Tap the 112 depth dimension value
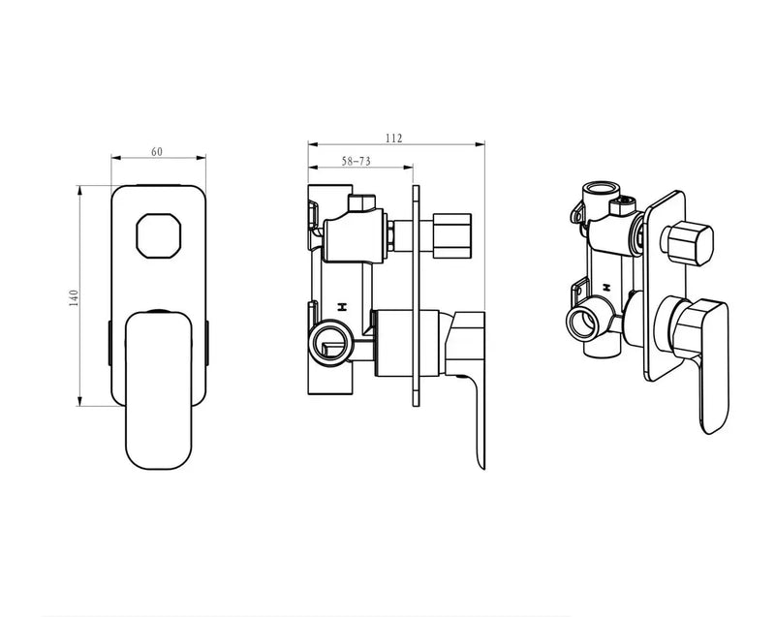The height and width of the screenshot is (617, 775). tap(393, 138)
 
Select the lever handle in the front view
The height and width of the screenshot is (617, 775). tap(158, 387)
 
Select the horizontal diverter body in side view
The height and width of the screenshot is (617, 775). tap(354, 236)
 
